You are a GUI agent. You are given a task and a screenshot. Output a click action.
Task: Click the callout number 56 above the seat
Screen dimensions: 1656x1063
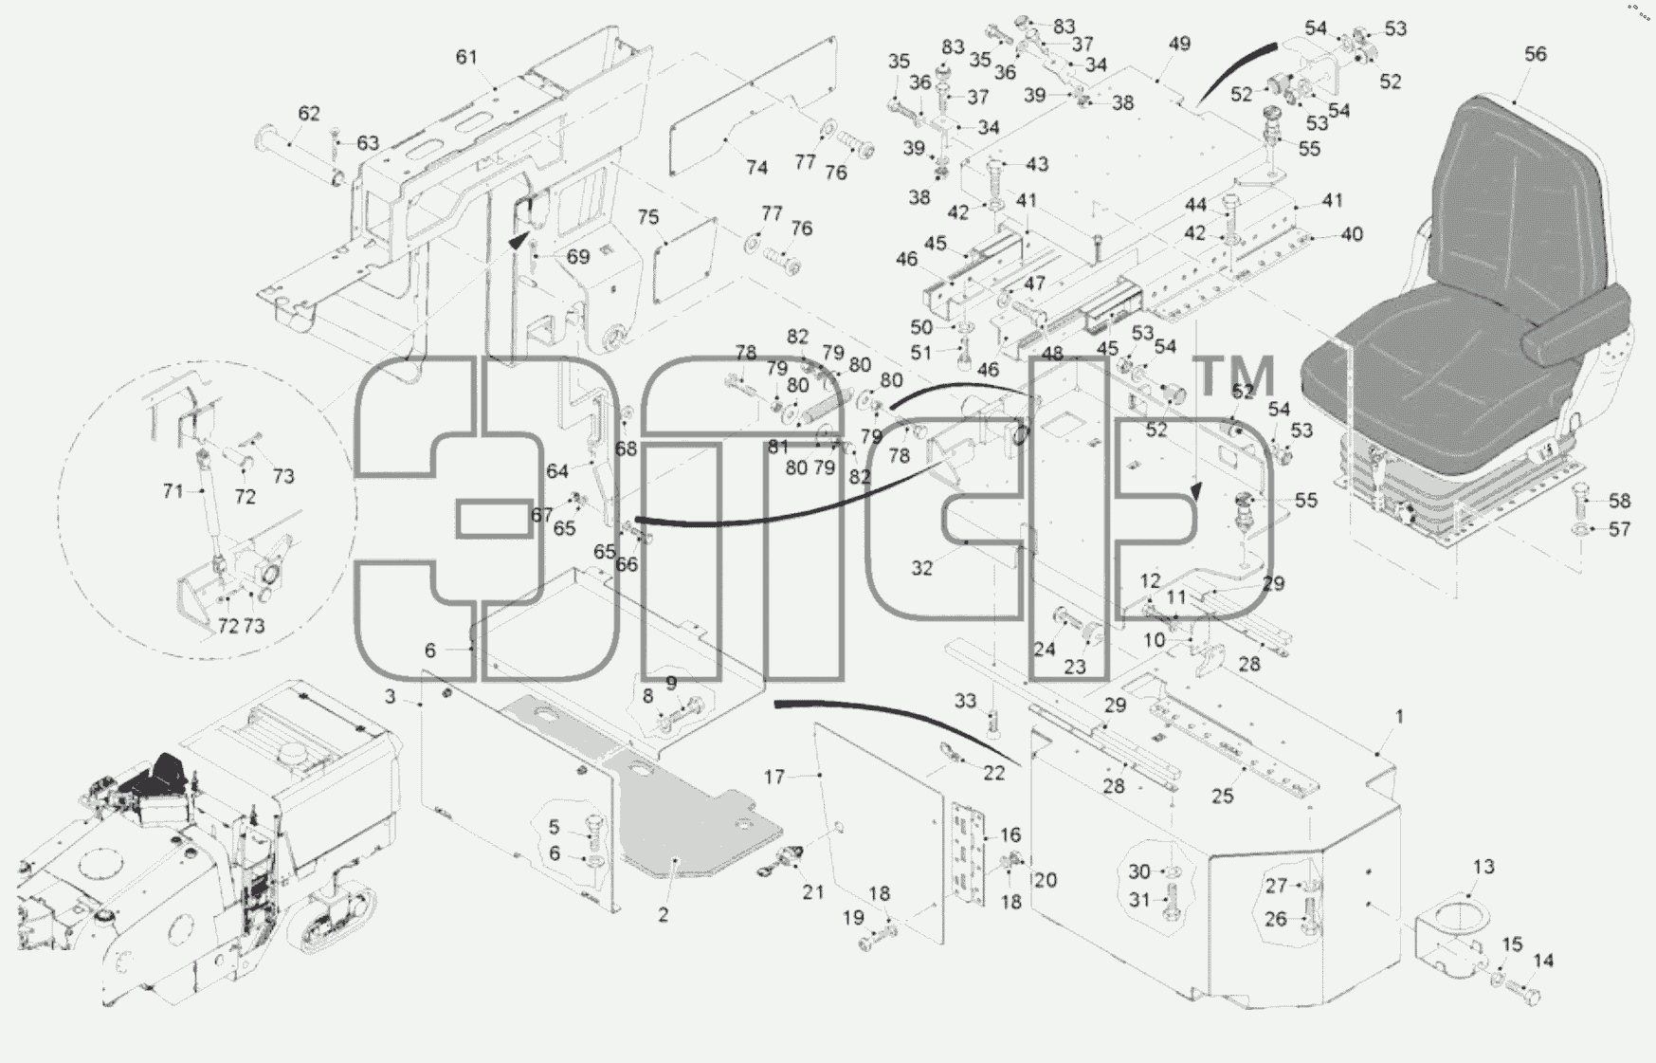(x=1535, y=54)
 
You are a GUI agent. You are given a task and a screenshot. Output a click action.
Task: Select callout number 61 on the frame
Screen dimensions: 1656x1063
(x=466, y=57)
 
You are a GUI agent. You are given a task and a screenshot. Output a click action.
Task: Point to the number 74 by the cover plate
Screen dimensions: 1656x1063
(x=756, y=168)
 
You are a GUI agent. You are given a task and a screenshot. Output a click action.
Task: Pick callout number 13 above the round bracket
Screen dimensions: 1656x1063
(x=1483, y=866)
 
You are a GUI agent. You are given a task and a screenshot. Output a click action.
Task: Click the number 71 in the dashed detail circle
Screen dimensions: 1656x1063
(x=173, y=491)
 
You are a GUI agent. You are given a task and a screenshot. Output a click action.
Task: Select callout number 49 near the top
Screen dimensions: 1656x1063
(x=1179, y=44)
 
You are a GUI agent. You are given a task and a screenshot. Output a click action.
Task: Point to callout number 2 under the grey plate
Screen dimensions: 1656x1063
(x=664, y=915)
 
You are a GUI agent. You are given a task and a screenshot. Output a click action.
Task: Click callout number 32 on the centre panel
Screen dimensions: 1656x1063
(x=921, y=568)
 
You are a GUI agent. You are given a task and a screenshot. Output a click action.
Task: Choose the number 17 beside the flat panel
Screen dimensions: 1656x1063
(x=774, y=778)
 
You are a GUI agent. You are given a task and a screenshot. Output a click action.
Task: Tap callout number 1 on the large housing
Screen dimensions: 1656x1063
(x=1399, y=717)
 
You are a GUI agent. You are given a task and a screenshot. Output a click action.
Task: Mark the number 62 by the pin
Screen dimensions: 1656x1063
(x=309, y=114)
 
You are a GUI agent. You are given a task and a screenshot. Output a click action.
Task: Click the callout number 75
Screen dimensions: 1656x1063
(x=647, y=217)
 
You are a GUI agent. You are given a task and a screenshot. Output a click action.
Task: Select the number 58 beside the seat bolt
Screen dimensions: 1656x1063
(x=1619, y=501)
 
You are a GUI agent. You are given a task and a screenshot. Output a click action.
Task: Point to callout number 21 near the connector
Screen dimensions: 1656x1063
(x=813, y=891)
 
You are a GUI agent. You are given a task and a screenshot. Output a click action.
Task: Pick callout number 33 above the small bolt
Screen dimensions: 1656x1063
(x=965, y=701)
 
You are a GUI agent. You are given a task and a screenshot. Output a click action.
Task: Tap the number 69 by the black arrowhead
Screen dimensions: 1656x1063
(x=578, y=256)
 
